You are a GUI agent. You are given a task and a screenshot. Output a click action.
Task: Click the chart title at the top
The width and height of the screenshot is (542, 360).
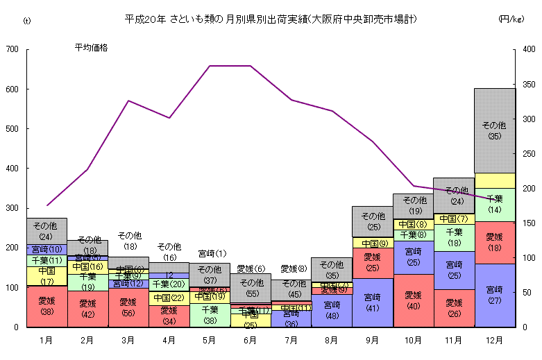pyautogui.click(x=271, y=19)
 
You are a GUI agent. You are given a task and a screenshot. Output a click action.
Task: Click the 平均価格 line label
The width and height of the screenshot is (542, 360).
pyautogui.click(x=91, y=48)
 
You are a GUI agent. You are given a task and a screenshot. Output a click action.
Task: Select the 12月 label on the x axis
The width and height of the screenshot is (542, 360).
pyautogui.click(x=494, y=341)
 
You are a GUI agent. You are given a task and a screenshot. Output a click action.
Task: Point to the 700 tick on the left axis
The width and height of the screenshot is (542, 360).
pyautogui.click(x=12, y=49)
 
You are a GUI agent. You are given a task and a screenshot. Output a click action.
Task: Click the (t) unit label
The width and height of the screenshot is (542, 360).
pyautogui.click(x=27, y=20)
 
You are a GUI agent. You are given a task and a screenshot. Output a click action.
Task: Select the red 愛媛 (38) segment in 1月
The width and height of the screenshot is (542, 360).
pyautogui.click(x=46, y=306)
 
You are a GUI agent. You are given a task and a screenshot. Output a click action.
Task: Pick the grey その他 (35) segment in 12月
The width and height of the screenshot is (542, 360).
pyautogui.click(x=494, y=130)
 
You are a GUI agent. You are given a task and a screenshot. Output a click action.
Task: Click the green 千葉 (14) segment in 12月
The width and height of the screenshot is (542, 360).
pyautogui.click(x=494, y=205)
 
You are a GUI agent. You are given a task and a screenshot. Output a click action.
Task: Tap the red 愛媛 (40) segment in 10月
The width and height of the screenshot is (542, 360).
pyautogui.click(x=413, y=300)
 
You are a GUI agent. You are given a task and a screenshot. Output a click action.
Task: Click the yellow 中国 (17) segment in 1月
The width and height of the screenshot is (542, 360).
pyautogui.click(x=46, y=276)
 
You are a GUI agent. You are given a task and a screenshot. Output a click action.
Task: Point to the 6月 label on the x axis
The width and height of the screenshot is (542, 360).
pyautogui.click(x=251, y=341)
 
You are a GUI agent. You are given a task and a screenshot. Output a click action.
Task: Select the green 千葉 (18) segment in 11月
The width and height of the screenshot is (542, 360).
pyautogui.click(x=454, y=237)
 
